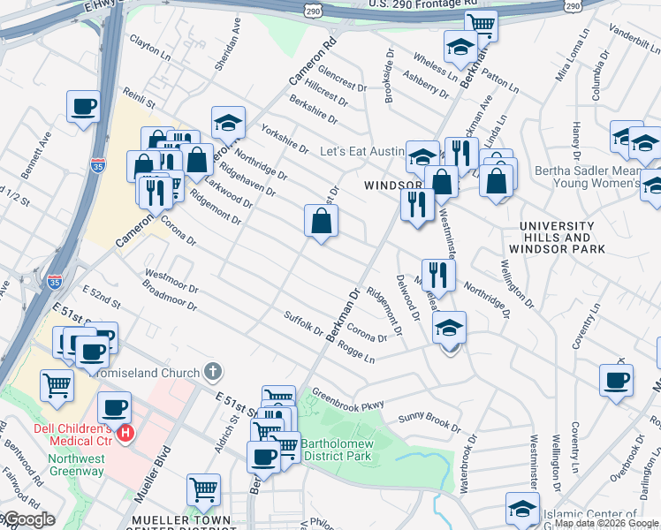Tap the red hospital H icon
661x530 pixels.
125,433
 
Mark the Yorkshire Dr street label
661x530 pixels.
284,137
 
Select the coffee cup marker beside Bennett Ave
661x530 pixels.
84,107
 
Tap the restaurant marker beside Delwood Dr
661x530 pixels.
437,275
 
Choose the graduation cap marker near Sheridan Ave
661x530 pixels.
228,122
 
